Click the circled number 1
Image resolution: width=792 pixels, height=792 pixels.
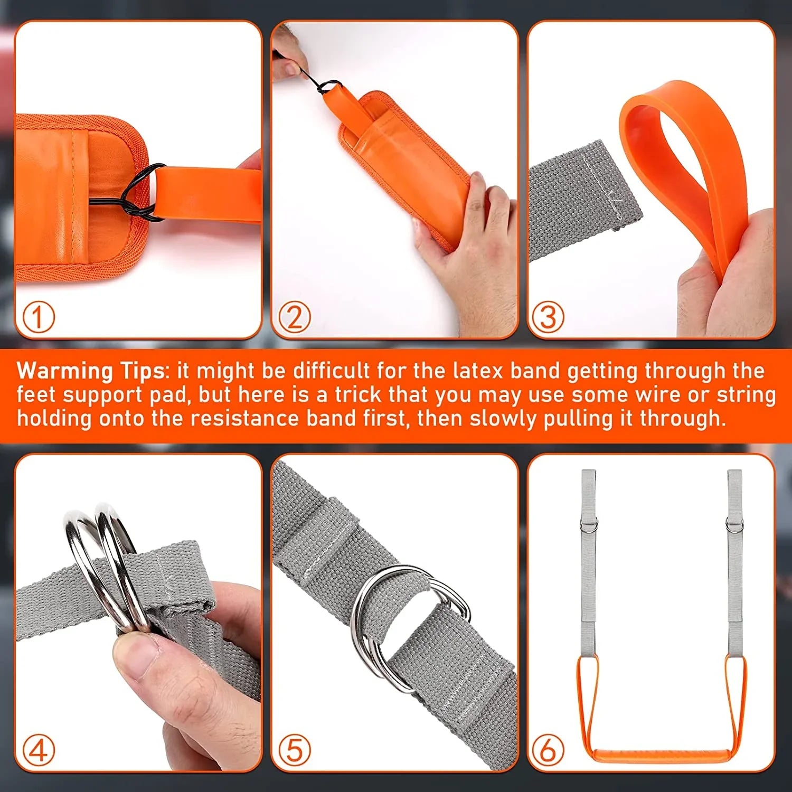click(39, 317)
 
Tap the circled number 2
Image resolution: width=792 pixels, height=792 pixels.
click(295, 317)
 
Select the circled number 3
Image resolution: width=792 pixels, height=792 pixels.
click(548, 317)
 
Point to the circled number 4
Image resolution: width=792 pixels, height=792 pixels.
click(39, 750)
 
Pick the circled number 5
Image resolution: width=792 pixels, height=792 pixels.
click(295, 750)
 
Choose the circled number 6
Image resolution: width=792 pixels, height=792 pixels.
click(548, 750)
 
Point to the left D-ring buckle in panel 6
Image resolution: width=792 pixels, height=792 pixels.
click(589, 525)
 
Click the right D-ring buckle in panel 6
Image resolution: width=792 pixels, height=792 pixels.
click(734, 525)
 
